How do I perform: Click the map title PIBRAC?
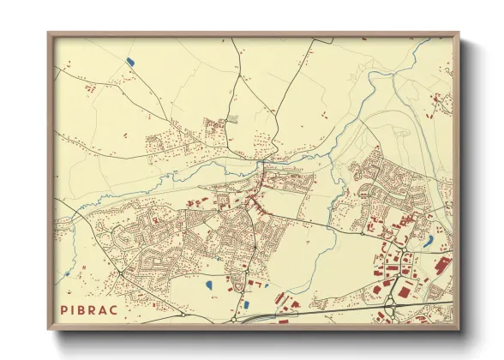89,309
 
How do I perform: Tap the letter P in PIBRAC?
63,309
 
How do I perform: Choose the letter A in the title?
105,309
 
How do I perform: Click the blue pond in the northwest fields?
129,61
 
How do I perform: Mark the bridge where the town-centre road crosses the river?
261,161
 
